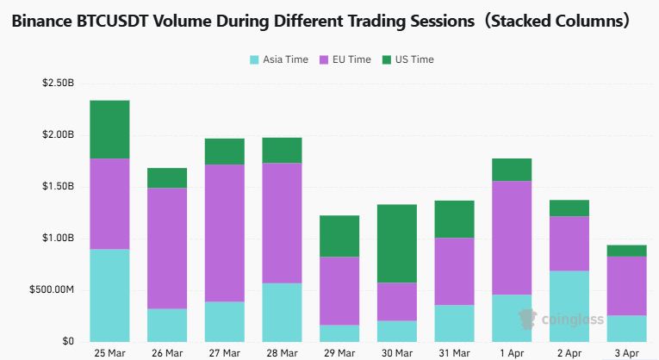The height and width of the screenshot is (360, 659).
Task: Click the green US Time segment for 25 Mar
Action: click(x=109, y=129)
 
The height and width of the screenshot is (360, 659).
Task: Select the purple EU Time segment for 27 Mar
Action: click(x=224, y=233)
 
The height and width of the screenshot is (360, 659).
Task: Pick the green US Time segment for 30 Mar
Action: click(x=397, y=243)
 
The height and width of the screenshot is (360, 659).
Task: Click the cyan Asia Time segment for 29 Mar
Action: click(x=339, y=332)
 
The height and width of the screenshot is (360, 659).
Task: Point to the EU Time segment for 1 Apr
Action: click(x=513, y=238)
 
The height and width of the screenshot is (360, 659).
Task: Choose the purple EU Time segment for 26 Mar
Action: click(x=166, y=248)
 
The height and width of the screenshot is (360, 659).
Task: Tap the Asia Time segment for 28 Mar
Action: click(x=282, y=312)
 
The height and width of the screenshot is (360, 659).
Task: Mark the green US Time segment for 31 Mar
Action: click(x=455, y=219)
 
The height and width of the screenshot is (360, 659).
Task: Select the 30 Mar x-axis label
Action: click(x=397, y=352)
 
